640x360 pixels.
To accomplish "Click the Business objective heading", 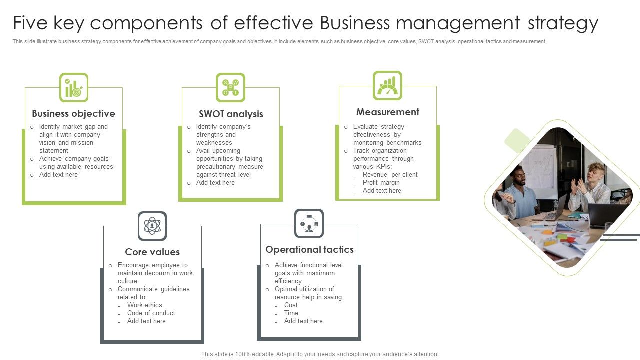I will click(x=73, y=114).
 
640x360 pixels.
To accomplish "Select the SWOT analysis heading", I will click(x=231, y=114).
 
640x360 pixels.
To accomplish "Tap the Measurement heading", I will click(x=388, y=112).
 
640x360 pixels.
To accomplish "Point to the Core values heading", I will click(x=152, y=252).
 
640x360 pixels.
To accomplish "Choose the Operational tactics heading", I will click(x=309, y=250).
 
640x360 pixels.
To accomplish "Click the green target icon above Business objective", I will click(x=74, y=88).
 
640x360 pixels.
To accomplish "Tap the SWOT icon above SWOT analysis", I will click(x=230, y=87).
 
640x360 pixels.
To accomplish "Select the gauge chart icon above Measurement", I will click(x=387, y=85).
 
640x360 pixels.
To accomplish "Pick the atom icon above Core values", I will click(x=152, y=226).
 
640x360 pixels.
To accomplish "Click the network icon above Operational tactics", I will click(x=309, y=223).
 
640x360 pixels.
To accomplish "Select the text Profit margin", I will click(x=381, y=183).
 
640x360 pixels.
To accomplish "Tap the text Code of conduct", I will click(x=151, y=313).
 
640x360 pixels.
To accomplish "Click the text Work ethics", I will click(x=144, y=305).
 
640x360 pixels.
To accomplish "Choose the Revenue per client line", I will click(x=390, y=175).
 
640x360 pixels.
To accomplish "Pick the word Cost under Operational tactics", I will click(x=291, y=305).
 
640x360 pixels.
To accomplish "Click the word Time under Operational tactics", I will click(x=291, y=313).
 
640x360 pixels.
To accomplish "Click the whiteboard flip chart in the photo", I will click(x=540, y=170).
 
